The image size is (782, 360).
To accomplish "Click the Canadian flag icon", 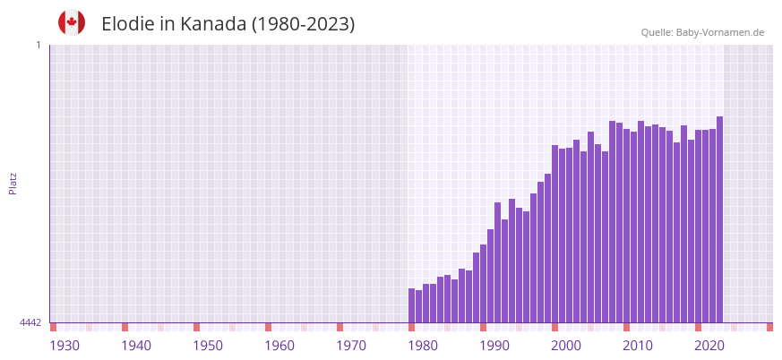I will (72, 23).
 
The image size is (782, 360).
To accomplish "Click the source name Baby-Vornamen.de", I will (721, 32).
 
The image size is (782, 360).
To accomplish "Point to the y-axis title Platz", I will (13, 183).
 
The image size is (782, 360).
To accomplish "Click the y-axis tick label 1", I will (38, 45).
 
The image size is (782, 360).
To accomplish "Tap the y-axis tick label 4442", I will (30, 322).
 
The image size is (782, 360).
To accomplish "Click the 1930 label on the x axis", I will (64, 346).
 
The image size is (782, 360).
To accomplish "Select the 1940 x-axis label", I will (136, 346).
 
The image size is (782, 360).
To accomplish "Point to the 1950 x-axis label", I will (208, 346).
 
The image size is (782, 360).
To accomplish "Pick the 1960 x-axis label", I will (279, 346).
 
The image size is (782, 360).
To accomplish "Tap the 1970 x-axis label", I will (351, 346).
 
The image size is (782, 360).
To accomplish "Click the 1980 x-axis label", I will (423, 346).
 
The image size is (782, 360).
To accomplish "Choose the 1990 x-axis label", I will (494, 346).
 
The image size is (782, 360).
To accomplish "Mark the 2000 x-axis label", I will (566, 346).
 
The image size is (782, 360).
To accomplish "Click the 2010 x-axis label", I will (638, 346).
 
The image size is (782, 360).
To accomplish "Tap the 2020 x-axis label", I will (709, 346).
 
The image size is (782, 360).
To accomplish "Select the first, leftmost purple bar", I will (411, 305).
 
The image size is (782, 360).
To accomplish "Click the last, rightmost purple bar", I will (719, 219).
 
